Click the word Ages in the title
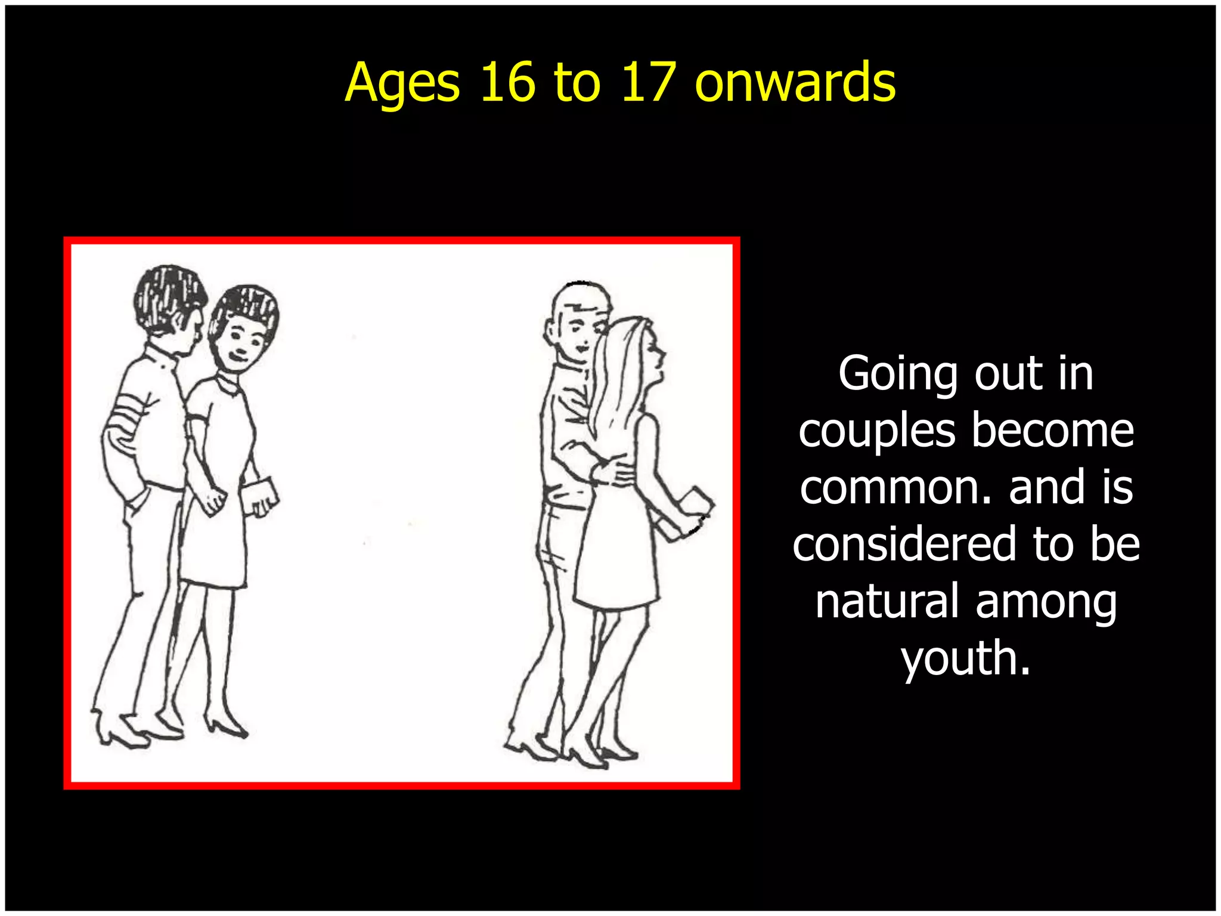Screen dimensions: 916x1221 click(402, 83)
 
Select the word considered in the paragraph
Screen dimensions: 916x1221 click(904, 543)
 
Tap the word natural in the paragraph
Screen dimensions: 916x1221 click(887, 601)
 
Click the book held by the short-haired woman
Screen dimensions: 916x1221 click(260, 494)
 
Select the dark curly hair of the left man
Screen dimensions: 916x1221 click(169, 292)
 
